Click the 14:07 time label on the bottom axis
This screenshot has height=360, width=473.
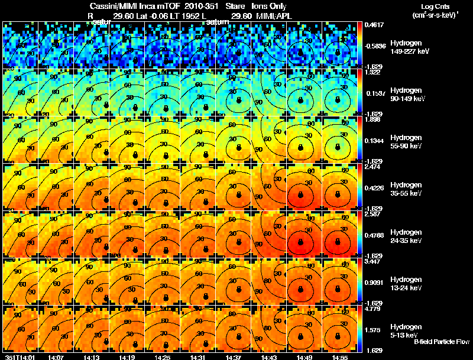point(57,357)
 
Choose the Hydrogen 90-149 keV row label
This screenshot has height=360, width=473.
point(408,94)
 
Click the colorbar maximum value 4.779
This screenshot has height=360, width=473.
point(374,309)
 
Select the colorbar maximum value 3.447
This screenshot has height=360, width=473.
point(374,261)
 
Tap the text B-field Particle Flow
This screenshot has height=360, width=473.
point(442,342)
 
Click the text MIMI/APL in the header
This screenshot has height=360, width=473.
point(276,15)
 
